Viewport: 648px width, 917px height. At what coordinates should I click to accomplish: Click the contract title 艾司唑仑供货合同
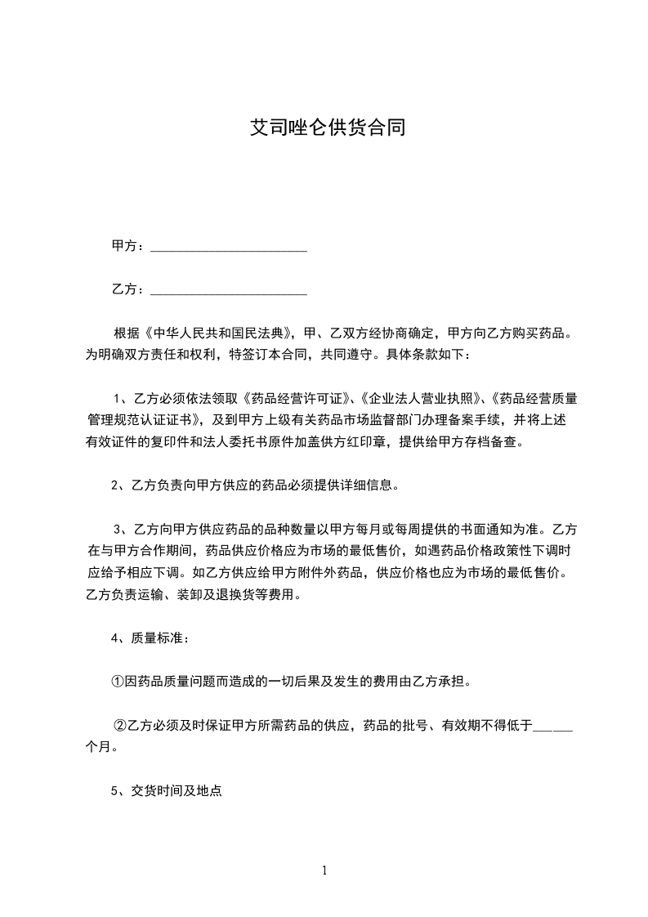(328, 128)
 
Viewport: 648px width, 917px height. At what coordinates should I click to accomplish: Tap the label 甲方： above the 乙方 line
(128, 246)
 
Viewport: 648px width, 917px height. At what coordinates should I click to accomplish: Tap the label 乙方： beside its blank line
(128, 289)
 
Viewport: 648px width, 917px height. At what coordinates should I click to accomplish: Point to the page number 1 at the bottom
(324, 870)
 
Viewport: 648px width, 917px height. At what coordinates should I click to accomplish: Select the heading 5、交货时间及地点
(166, 791)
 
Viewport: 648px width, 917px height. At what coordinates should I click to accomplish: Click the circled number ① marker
(117, 681)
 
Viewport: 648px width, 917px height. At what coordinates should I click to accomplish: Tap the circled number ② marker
(120, 725)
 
